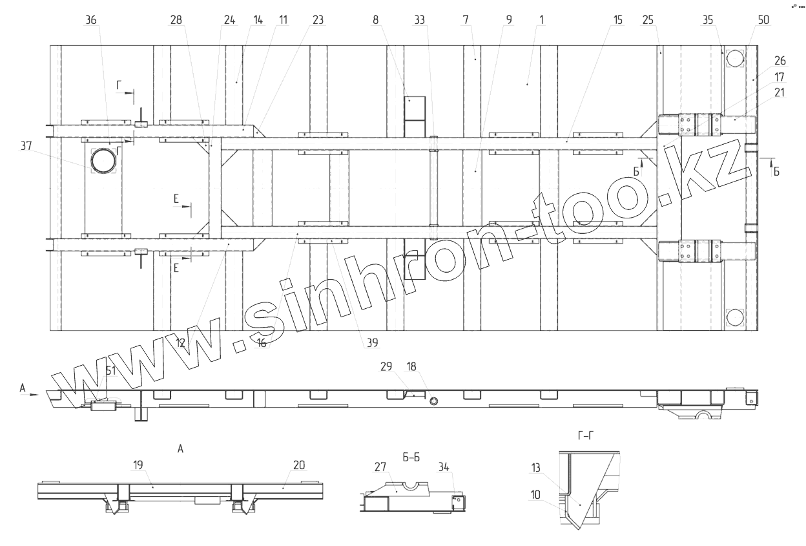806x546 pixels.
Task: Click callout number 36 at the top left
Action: (91, 20)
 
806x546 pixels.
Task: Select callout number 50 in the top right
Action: (763, 20)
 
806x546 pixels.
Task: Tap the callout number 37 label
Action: (26, 146)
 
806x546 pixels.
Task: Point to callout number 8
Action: (376, 20)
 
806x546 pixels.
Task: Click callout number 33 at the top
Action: (420, 20)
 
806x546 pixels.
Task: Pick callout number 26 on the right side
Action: (780, 61)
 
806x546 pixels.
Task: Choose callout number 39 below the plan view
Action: (373, 342)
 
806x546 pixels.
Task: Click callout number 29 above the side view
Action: (386, 366)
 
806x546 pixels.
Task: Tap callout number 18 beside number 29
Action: (411, 366)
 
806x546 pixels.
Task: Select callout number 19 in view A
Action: (138, 465)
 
